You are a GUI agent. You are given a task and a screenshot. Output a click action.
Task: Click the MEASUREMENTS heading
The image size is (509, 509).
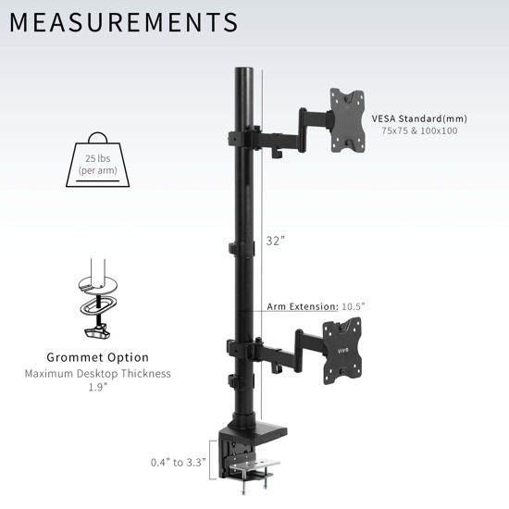pyautogui.click(x=125, y=21)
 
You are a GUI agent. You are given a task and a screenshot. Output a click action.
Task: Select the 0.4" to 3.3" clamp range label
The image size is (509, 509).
pyautogui.click(x=184, y=461)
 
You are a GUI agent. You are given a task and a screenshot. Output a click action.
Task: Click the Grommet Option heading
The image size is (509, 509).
pyautogui.click(x=98, y=357)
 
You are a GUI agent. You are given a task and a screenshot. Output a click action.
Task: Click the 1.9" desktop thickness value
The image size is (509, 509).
pyautogui.click(x=98, y=387)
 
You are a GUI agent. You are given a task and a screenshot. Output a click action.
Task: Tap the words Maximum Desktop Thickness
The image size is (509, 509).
pyautogui.click(x=98, y=373)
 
